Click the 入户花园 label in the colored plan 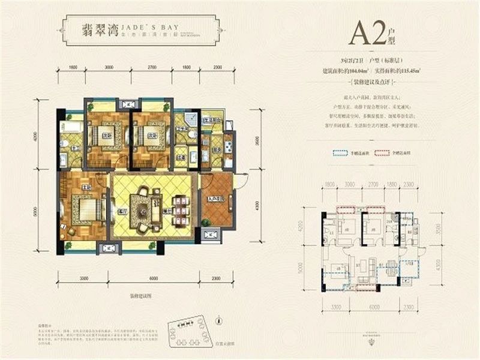point(216,199)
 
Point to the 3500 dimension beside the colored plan point(239,143)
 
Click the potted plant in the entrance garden point(208,223)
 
